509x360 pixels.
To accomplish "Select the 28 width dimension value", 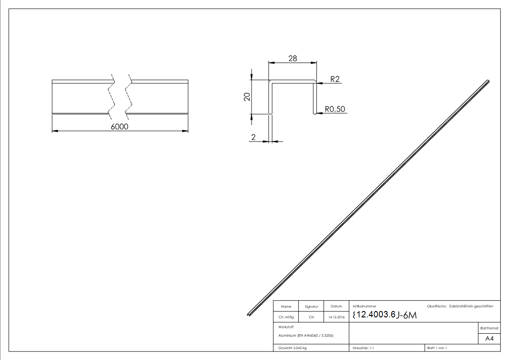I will pos(292,58).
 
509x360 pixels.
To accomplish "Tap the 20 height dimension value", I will pos(247,97).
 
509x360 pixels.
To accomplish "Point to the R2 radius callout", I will pos(335,79).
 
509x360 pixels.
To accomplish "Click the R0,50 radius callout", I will pos(335,109).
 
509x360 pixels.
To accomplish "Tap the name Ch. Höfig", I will pos(286,317).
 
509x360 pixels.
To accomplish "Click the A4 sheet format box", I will pos(489,338).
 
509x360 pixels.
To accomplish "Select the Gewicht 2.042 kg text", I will pos(294,348).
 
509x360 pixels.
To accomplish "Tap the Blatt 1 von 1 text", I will pos(436,348).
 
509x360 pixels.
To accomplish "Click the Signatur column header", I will pos(311,307).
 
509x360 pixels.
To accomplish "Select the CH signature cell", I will pos(311,317).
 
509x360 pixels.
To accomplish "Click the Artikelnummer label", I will pos(364,306).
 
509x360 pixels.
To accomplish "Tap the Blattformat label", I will pos(489,327).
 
